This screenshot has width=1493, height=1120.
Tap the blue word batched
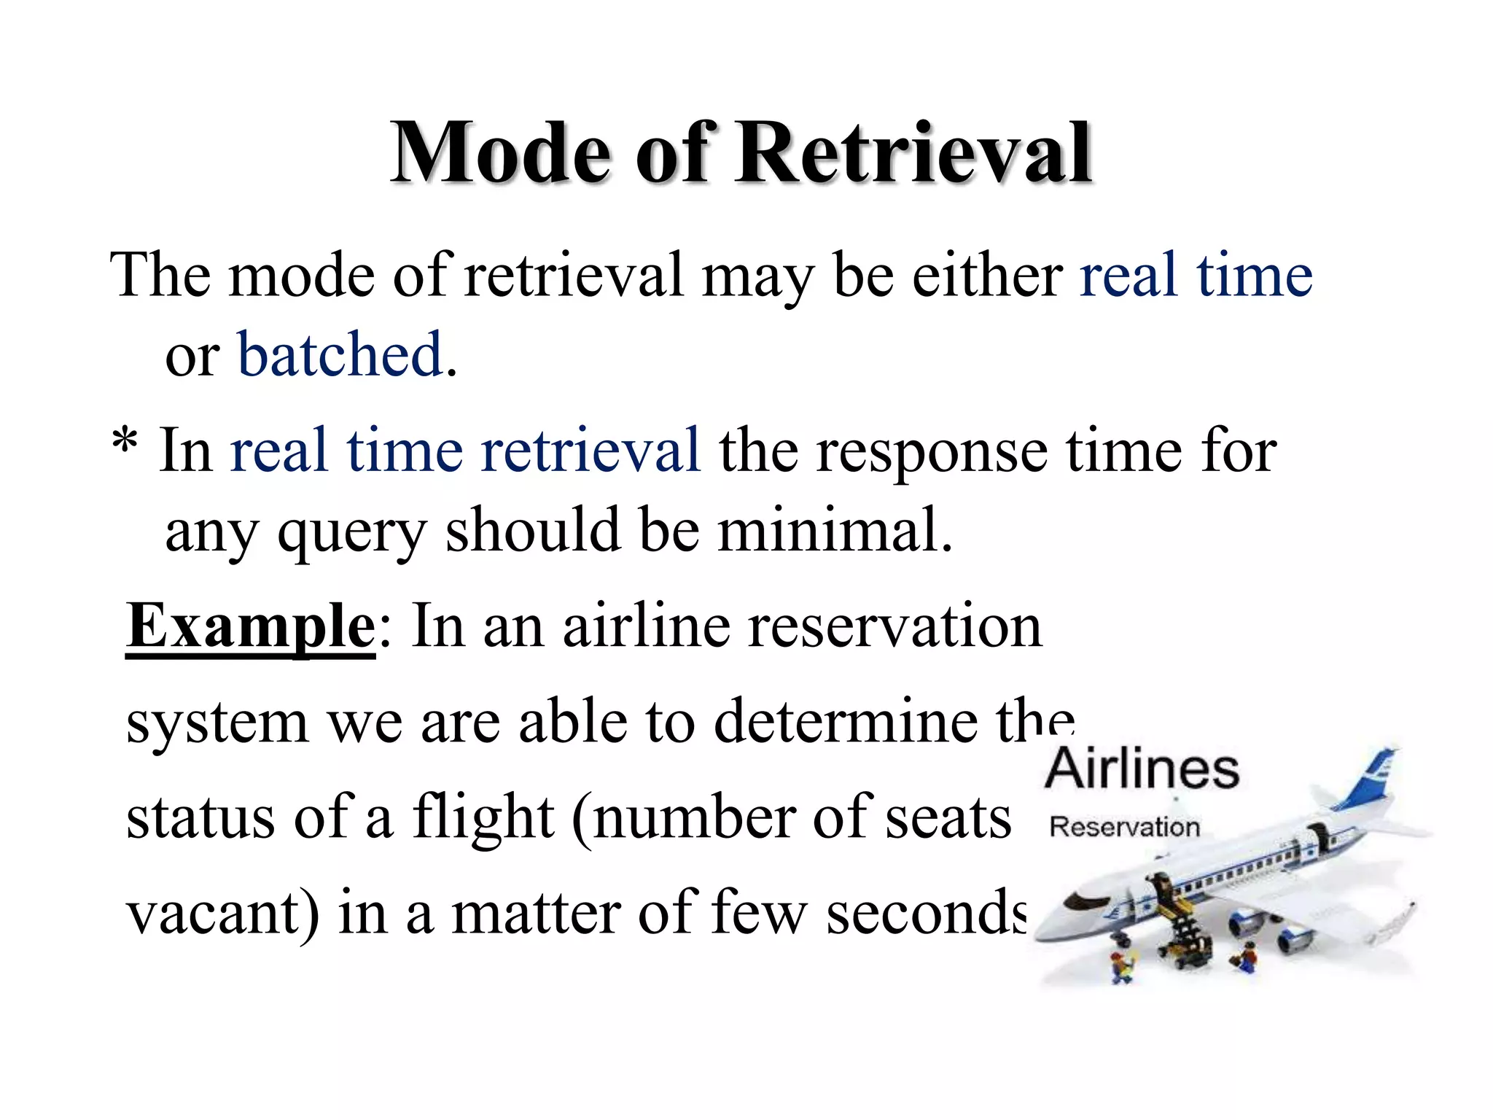[340, 356]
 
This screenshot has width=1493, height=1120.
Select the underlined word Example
[250, 626]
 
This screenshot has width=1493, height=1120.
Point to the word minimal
[835, 531]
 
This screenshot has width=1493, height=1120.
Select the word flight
[483, 818]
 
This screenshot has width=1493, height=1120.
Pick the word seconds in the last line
[926, 914]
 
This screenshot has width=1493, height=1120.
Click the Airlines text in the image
[1142, 770]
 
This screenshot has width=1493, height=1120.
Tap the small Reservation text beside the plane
[1124, 828]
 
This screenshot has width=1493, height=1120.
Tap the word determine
[846, 722]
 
